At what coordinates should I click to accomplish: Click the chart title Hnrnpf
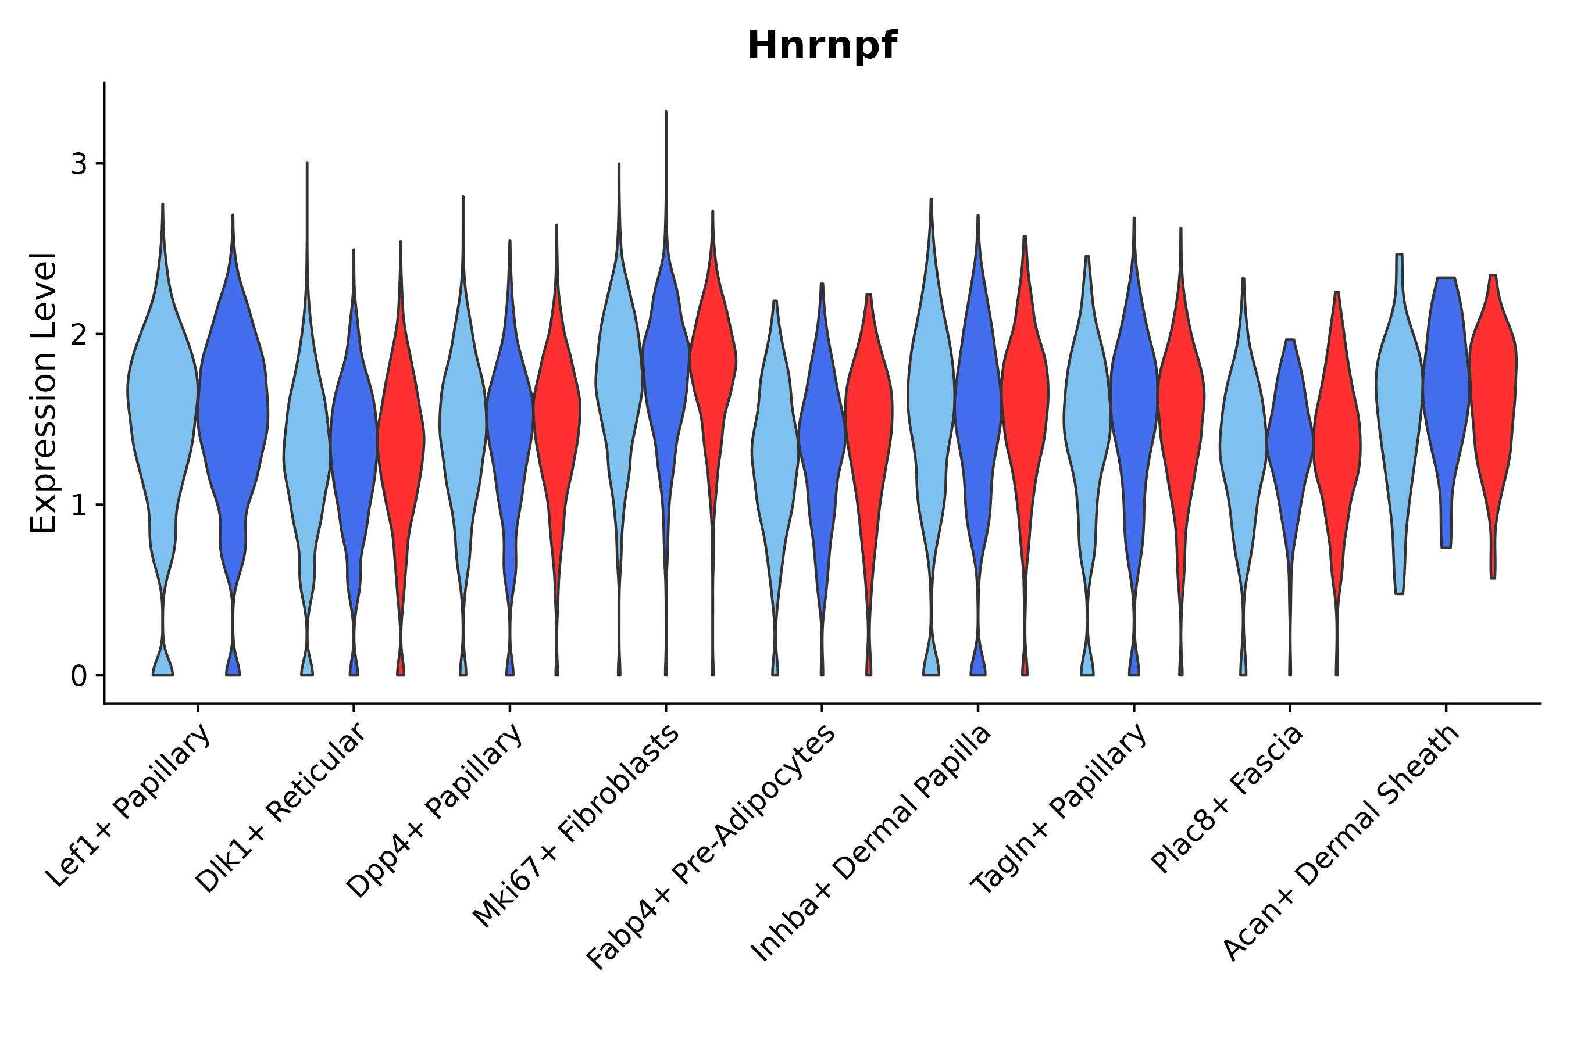pos(822,46)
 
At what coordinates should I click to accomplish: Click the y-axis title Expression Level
pos(44,393)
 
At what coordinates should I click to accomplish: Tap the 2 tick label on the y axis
pos(78,334)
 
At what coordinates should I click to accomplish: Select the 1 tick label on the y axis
pos(78,505)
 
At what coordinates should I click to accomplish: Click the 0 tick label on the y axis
pos(78,676)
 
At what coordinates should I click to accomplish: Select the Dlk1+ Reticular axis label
pos(281,808)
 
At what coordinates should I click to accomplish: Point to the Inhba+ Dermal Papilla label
pos(872,843)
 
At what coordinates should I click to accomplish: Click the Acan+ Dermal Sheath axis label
pos(1341,843)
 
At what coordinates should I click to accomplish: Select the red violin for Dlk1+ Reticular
pos(401,440)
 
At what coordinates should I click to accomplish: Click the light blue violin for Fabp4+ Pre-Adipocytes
pos(775,454)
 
